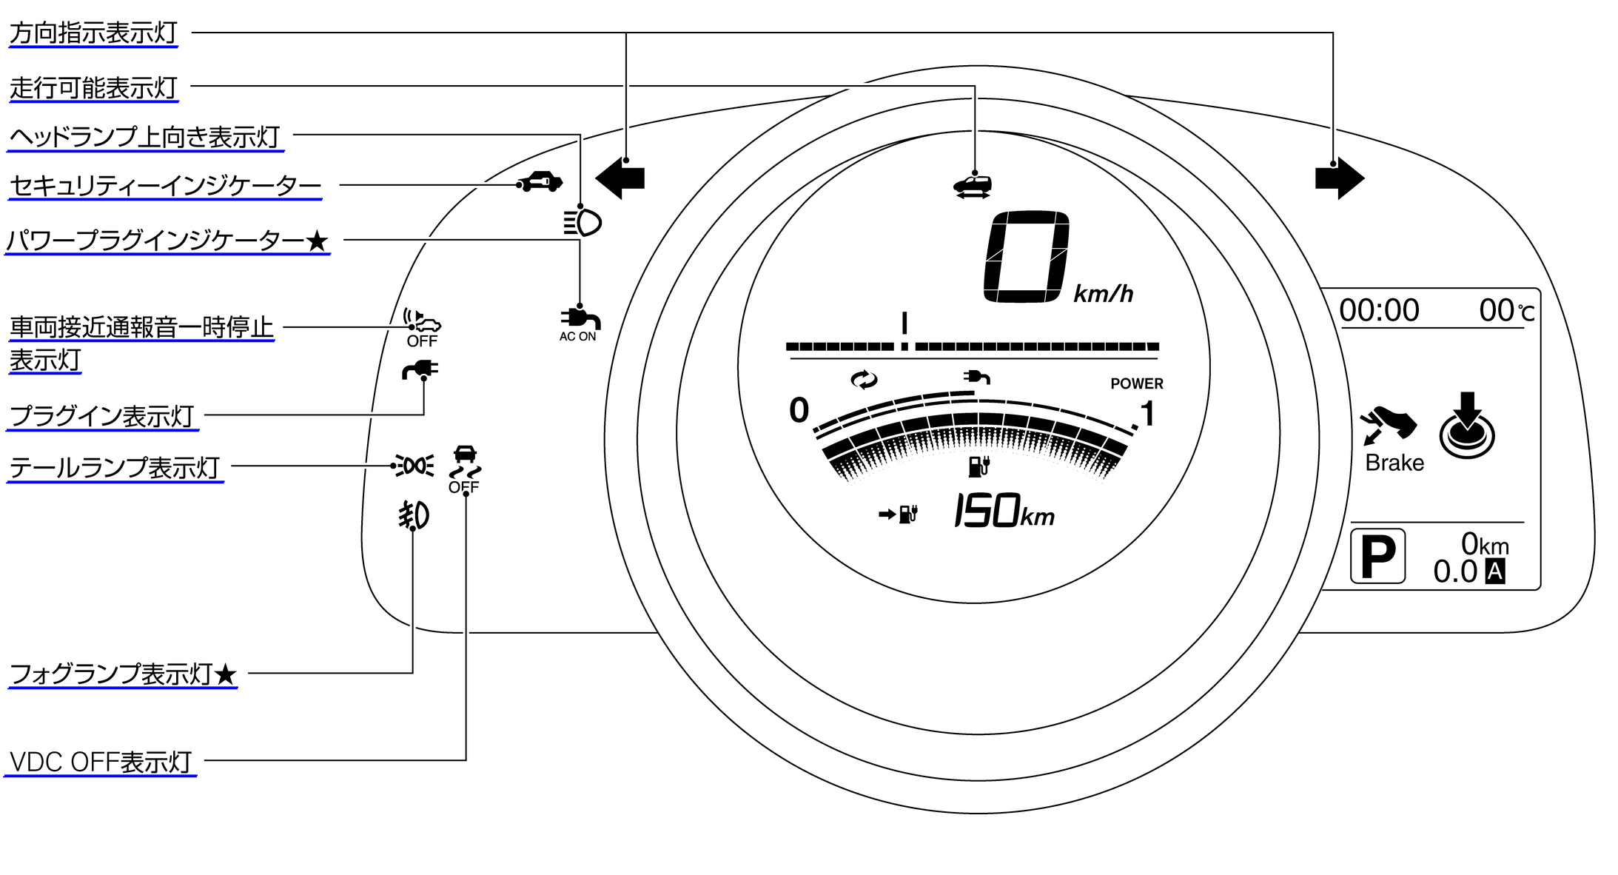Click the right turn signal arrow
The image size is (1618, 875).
coord(1339,178)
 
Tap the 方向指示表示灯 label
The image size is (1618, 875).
coord(93,33)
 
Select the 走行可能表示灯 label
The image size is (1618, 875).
coord(93,88)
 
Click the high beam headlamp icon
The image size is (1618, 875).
coord(583,222)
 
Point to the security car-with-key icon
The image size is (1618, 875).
coord(540,181)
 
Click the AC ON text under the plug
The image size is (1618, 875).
coord(577,337)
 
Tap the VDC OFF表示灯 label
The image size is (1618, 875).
coord(101,762)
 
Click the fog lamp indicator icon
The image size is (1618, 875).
coord(414,515)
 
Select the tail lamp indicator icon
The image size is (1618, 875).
coord(414,466)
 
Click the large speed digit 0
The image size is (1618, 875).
coord(1027,257)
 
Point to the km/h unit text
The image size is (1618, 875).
coord(1103,295)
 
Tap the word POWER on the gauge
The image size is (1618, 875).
coord(1136,383)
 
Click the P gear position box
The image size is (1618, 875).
coord(1377,556)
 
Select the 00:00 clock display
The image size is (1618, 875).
coord(1379,310)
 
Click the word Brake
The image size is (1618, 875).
coord(1394,463)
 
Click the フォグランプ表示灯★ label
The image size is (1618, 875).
coord(123,674)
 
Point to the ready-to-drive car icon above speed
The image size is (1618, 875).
coord(973,186)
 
